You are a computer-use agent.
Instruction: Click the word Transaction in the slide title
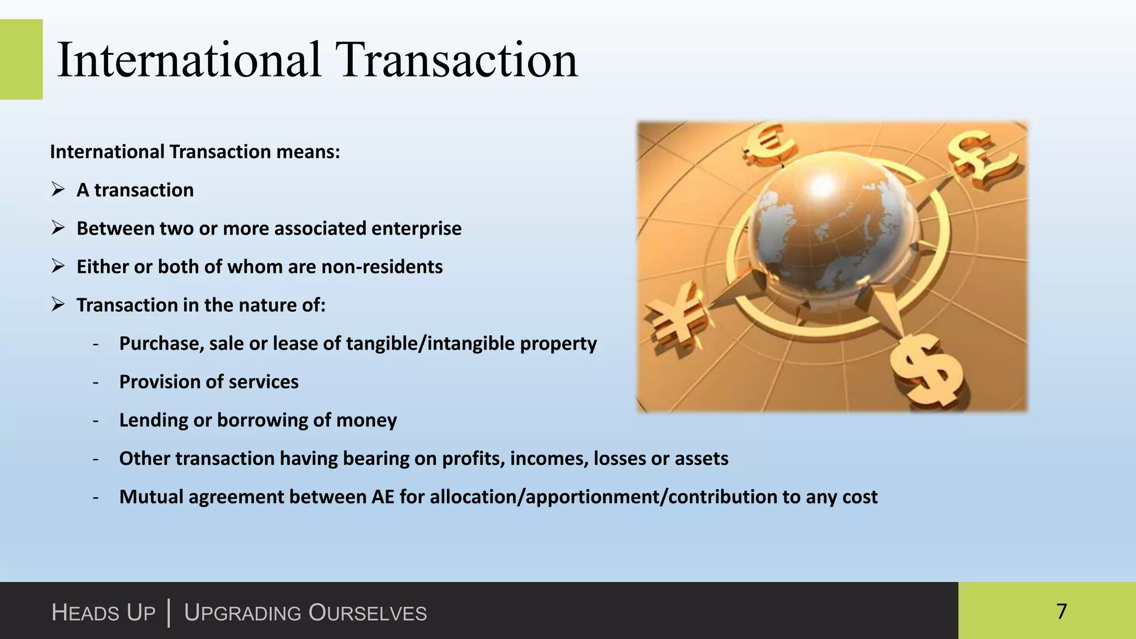pos(458,60)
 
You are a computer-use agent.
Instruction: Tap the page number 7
pos(1061,611)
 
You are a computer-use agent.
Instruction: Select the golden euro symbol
pos(770,144)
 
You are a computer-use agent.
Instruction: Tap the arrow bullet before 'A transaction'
pos(58,190)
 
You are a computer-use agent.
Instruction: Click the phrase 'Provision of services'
pos(209,382)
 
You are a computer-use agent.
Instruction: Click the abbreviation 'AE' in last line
pos(383,497)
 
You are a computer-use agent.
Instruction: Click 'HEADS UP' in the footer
pos(103,613)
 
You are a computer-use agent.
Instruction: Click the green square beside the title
pos(21,59)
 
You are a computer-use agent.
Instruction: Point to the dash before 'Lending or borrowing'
pos(96,420)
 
